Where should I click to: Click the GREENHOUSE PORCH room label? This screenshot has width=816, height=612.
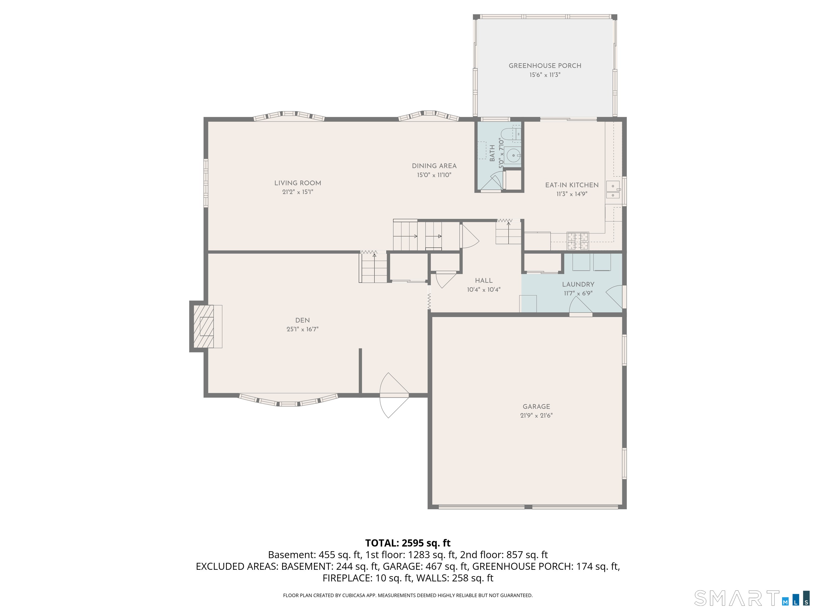tap(545, 66)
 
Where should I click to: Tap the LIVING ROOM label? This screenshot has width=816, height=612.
tap(298, 183)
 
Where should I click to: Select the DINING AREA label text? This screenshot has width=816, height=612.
tap(434, 166)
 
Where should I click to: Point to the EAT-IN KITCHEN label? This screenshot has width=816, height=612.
tap(572, 185)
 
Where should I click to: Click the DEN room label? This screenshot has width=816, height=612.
tap(303, 320)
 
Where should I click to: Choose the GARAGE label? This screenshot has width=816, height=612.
tap(536, 406)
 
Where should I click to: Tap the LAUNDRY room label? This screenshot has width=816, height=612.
tap(578, 284)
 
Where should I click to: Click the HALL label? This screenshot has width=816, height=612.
tap(484, 281)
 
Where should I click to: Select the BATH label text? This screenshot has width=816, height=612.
tap(492, 153)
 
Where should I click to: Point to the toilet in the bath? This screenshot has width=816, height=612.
tap(511, 135)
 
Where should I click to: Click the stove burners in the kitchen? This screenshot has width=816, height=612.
tap(578, 241)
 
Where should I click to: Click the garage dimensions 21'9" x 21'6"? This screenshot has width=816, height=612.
tap(536, 416)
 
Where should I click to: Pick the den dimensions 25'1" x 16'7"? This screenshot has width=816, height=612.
tap(303, 329)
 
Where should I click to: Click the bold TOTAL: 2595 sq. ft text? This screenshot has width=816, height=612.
tap(408, 543)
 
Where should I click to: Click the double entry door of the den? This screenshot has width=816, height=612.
tap(394, 395)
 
